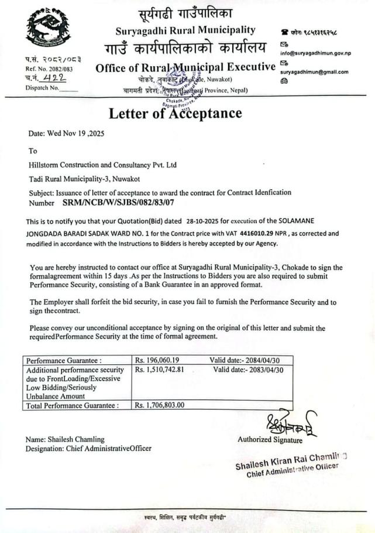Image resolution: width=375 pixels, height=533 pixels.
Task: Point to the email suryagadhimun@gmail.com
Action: tap(314, 72)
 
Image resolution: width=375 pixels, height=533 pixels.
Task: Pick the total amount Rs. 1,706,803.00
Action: tap(159, 405)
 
